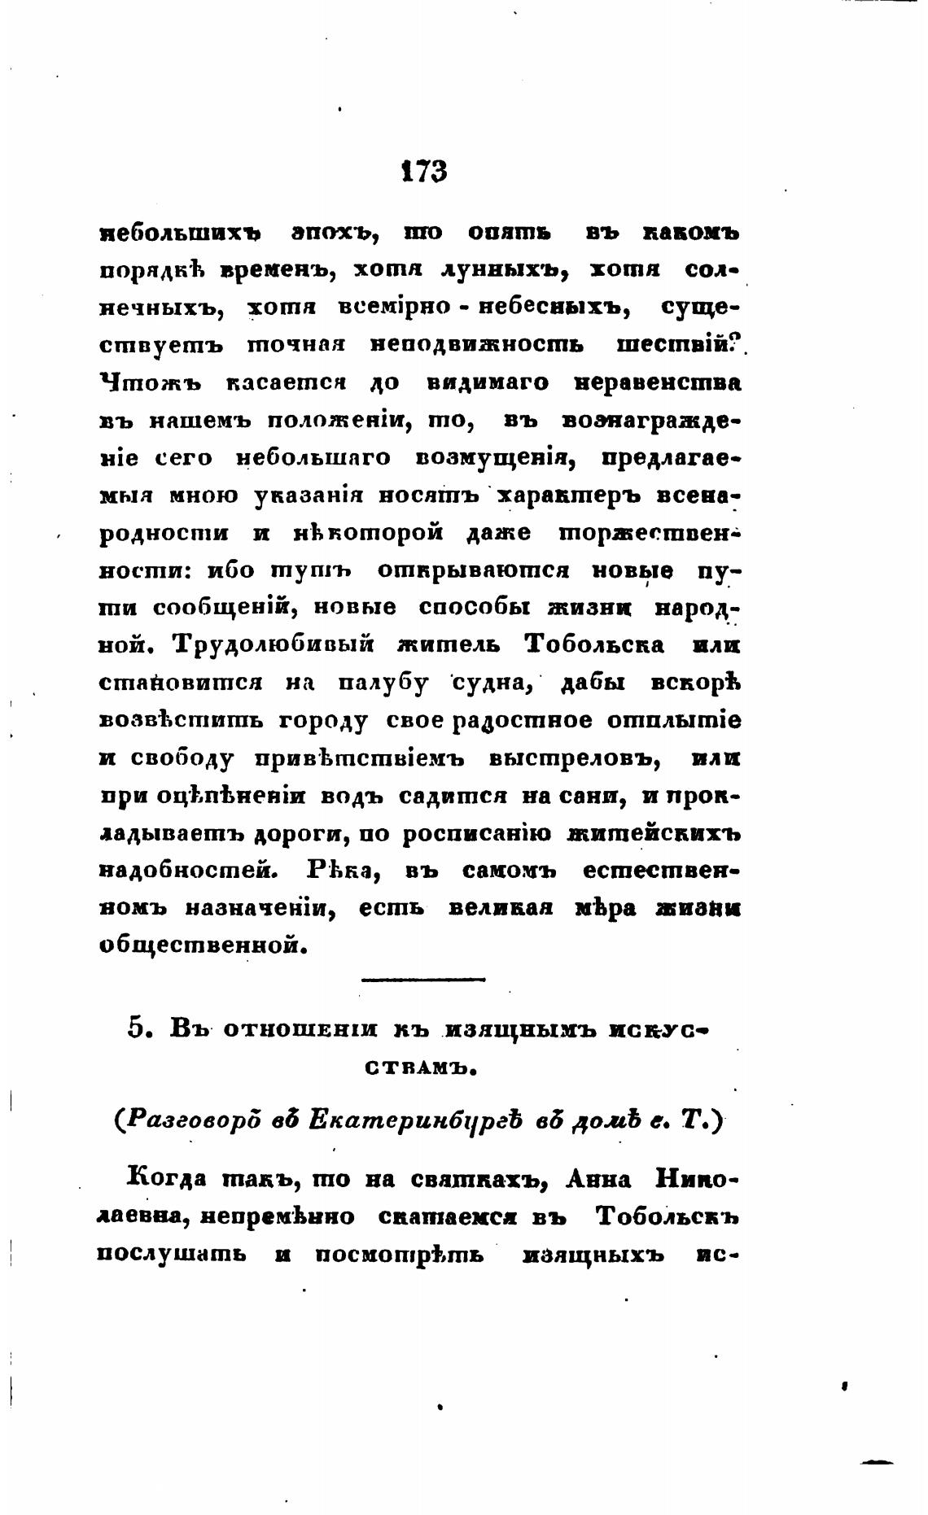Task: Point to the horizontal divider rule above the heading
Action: pyautogui.click(x=422, y=980)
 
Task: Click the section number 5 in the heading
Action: pyautogui.click(x=137, y=1028)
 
